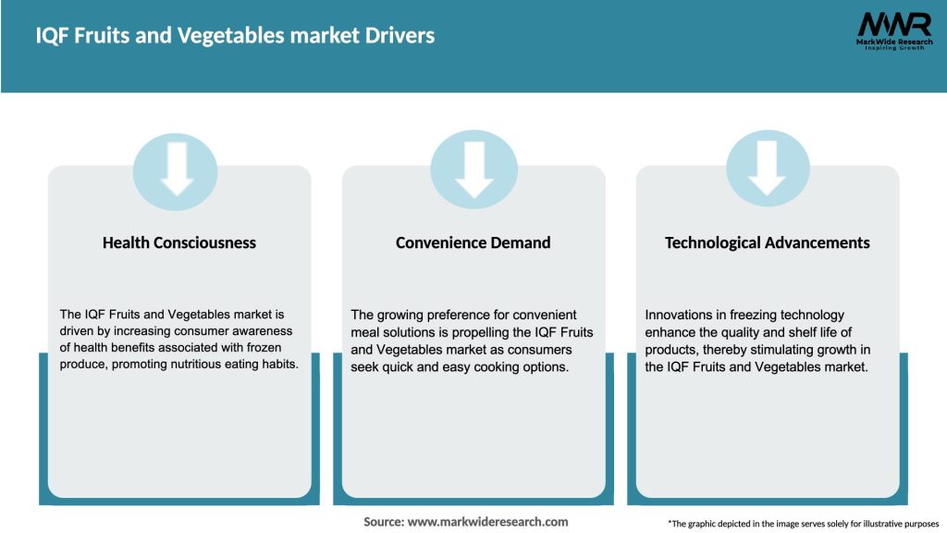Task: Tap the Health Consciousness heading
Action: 179,242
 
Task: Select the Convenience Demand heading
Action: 473,242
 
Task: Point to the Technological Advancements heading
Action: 767,242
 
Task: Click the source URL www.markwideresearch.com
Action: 487,522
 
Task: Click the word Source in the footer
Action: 383,522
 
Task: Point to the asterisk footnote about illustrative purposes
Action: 803,524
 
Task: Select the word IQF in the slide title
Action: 52,36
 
